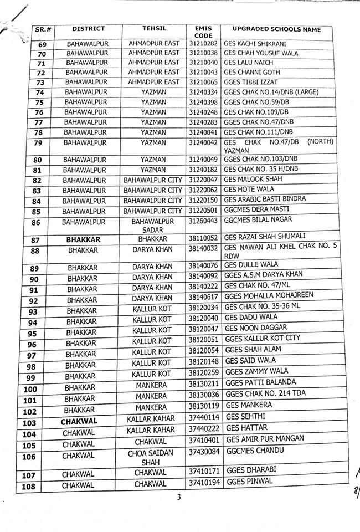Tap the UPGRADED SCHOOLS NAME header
click(276, 28)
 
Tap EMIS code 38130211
click(203, 382)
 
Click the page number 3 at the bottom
click(179, 498)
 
